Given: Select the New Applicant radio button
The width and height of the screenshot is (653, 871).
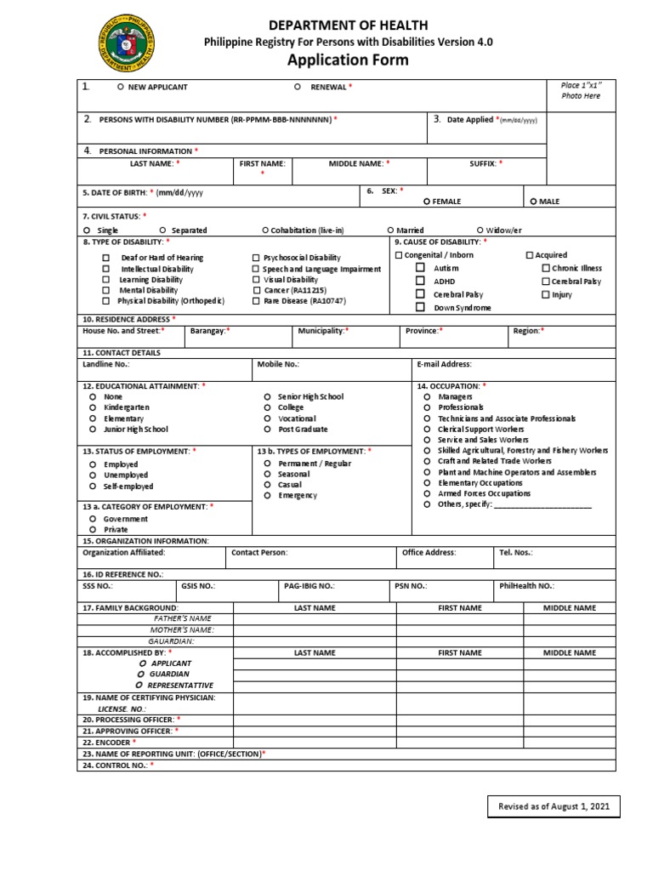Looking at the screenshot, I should pos(121,87).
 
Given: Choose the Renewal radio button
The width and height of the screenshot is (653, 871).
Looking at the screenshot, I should pos(297,87).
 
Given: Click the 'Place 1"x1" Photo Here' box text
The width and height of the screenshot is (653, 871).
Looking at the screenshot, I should pos(581,91).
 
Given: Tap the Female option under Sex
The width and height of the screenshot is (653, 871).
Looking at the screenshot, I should pos(427,202).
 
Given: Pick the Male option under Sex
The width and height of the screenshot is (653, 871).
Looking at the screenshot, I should pos(533,202).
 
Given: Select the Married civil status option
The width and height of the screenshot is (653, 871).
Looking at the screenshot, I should pos(390,230).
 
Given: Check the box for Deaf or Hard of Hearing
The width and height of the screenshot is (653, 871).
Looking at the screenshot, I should pos(106,258).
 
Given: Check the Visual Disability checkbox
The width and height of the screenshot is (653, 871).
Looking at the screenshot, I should pos(256,280).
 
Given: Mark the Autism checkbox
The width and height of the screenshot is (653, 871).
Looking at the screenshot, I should pos(420,268).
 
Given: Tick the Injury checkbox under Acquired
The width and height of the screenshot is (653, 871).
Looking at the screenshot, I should pos(545,294).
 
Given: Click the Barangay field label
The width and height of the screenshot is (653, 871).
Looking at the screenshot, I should pos(209,330).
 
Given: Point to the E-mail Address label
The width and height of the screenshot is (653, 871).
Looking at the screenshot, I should pos(443,364).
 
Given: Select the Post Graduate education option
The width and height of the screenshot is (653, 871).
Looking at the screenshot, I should pos(267,430).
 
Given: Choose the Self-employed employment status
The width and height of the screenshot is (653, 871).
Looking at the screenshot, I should pos(91,487).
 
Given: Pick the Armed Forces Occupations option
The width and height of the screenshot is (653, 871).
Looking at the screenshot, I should pos(428,493).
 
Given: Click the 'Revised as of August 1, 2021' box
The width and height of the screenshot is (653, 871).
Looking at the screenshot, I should pos(554,806).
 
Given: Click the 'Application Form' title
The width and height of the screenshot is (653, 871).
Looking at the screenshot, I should pos(347,60).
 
